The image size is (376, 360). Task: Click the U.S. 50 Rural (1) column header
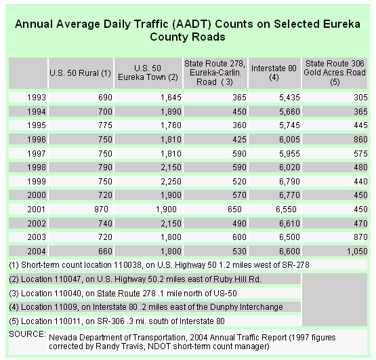pos(80,73)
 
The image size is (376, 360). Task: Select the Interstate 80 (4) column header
pos(274,73)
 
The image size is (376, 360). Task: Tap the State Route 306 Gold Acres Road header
pos(335,73)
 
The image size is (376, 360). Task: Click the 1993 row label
pos(36,98)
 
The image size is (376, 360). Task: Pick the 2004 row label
pos(36,251)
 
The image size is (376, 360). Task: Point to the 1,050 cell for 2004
pos(357,252)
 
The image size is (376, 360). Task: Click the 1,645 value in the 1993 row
pos(171,98)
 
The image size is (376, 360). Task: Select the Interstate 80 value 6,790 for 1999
pos(289,181)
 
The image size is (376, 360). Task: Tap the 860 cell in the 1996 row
pos(360,140)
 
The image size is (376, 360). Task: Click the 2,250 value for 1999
pos(171,181)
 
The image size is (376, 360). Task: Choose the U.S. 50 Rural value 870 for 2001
pos(101,209)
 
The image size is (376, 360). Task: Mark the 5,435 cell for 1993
pos(289,98)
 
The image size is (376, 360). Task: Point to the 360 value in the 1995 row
pos(239,125)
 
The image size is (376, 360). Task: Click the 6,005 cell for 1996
pos(289,140)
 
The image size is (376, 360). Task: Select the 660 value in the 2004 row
pos(105,251)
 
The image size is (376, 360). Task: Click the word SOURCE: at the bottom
pos(27,334)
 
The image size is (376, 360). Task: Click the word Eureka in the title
pos(341,24)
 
